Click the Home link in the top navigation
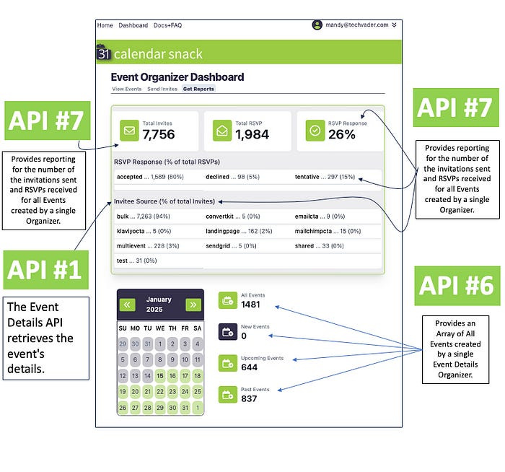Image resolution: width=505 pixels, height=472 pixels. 105,25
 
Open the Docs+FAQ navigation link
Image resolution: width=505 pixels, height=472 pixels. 167,25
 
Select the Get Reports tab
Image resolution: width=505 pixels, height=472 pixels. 198,89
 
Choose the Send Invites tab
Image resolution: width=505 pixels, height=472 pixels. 162,89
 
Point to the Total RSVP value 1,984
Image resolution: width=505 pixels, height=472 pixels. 252,135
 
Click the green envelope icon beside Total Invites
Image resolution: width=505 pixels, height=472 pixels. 130,131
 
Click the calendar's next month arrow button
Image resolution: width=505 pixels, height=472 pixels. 193,305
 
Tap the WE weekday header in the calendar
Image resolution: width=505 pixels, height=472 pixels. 160,328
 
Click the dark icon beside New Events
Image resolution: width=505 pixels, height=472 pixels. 227,332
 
